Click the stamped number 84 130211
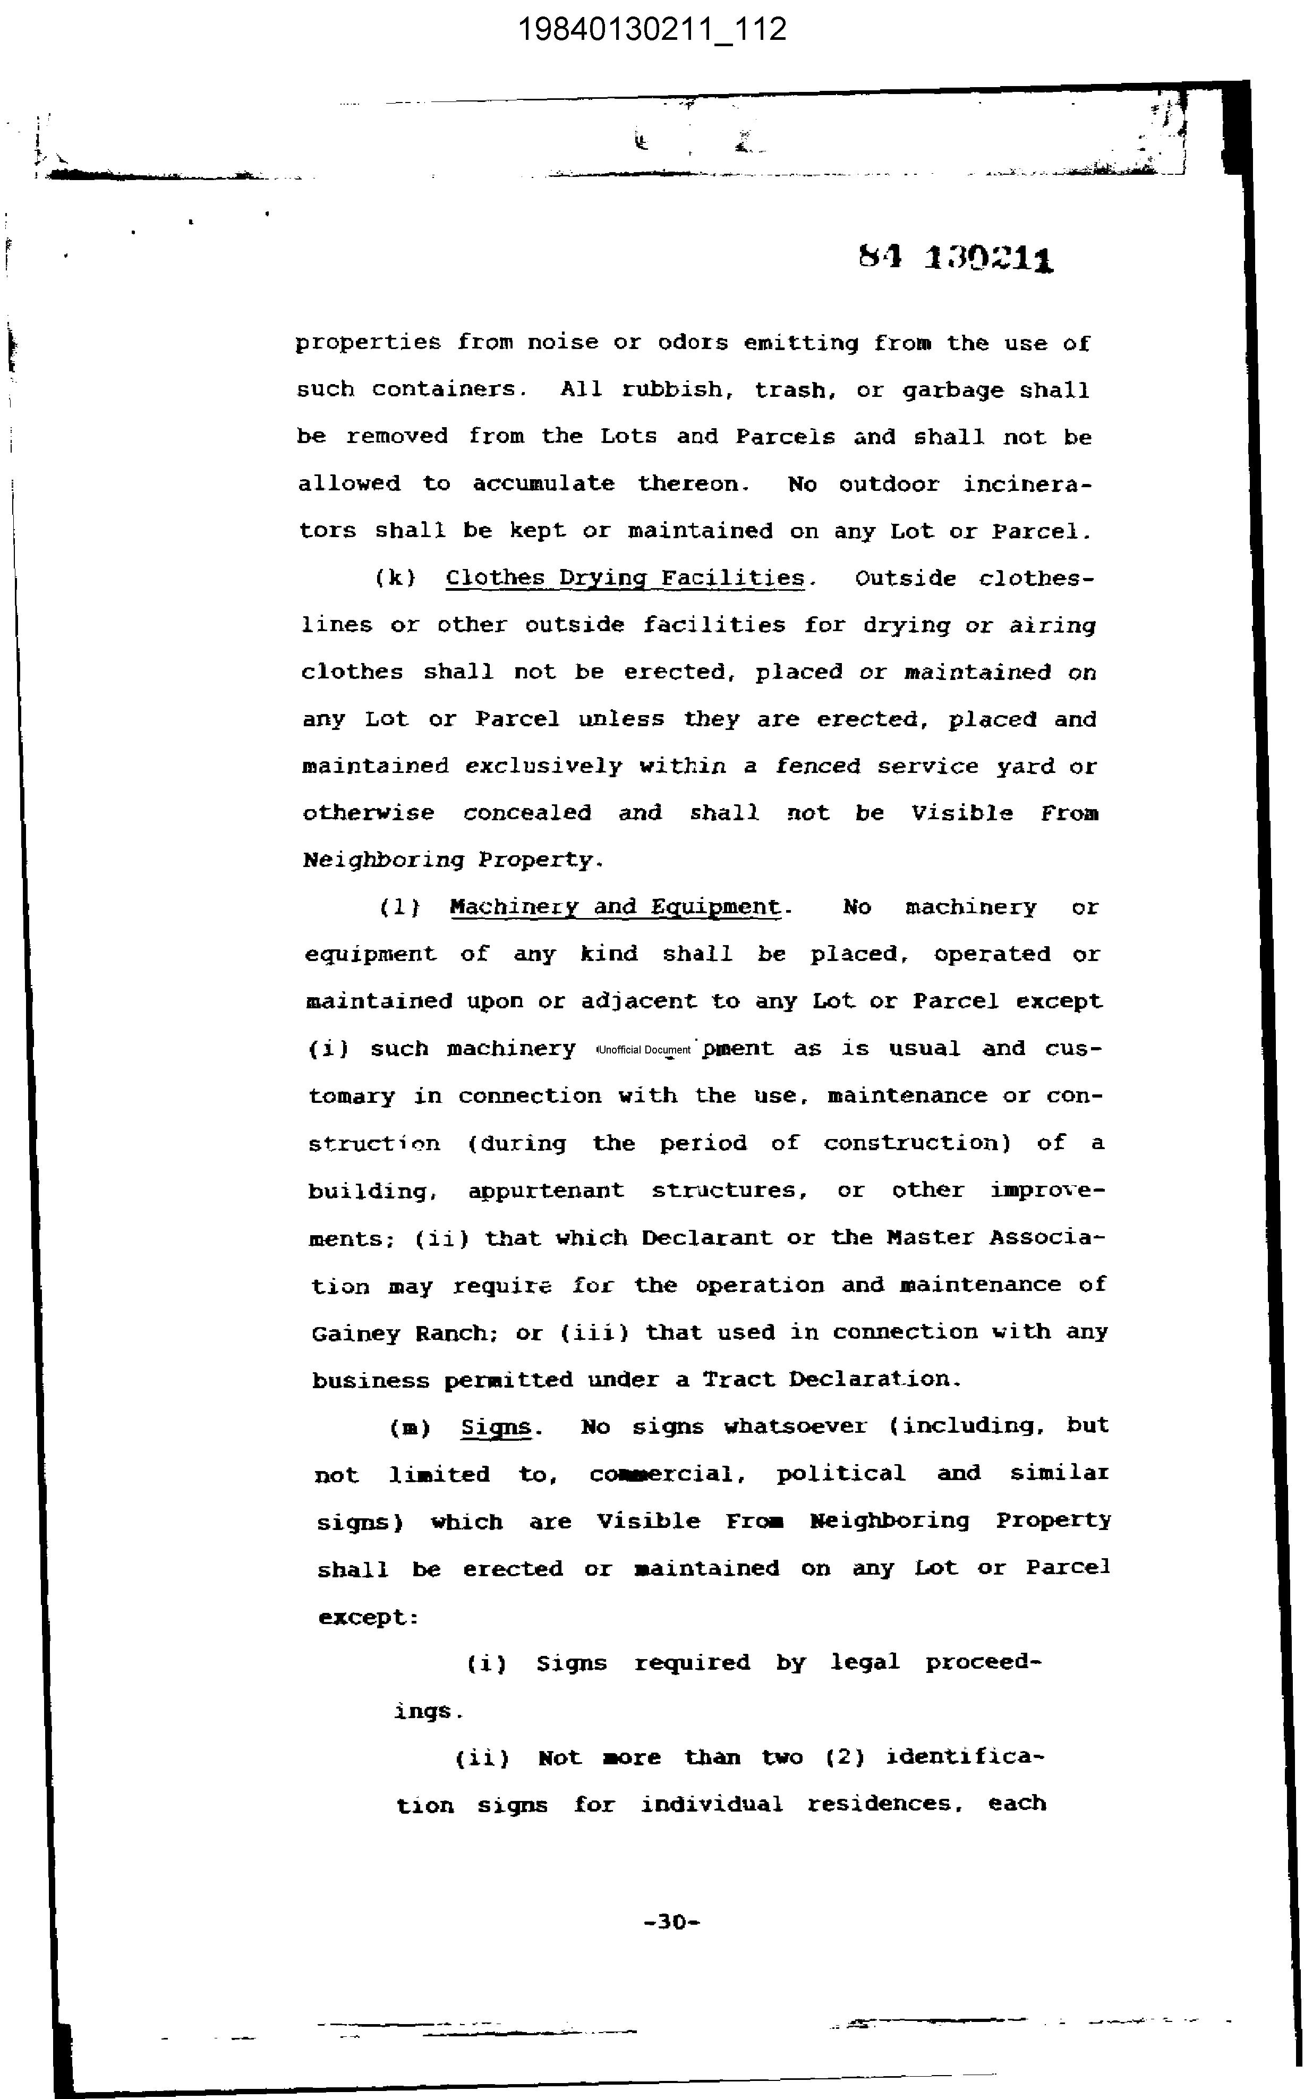[x=956, y=257]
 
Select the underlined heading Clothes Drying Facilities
[x=625, y=579]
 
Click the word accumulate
[x=543, y=484]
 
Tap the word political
[x=841, y=1474]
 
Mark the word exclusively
[x=543, y=766]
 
